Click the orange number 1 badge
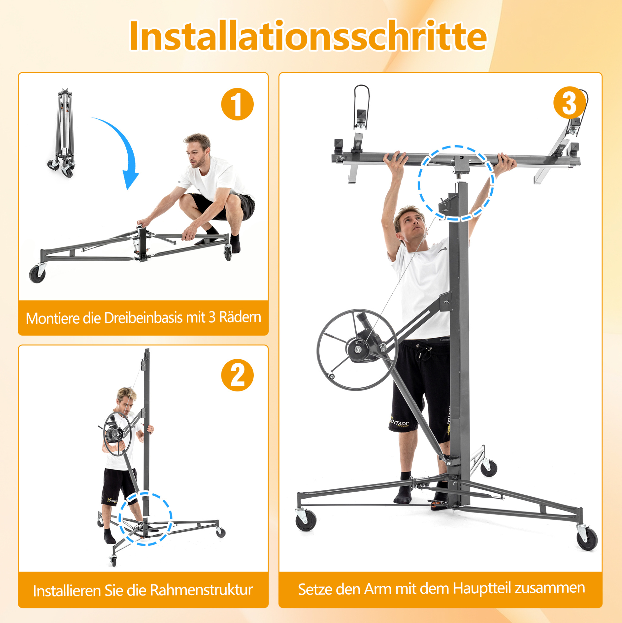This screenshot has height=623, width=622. pos(237,104)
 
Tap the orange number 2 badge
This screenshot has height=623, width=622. pos(237,375)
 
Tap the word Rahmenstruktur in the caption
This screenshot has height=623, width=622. pos(202,590)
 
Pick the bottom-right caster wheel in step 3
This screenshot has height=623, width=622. pos(587,539)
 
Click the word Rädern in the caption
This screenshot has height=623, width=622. pos(240,317)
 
